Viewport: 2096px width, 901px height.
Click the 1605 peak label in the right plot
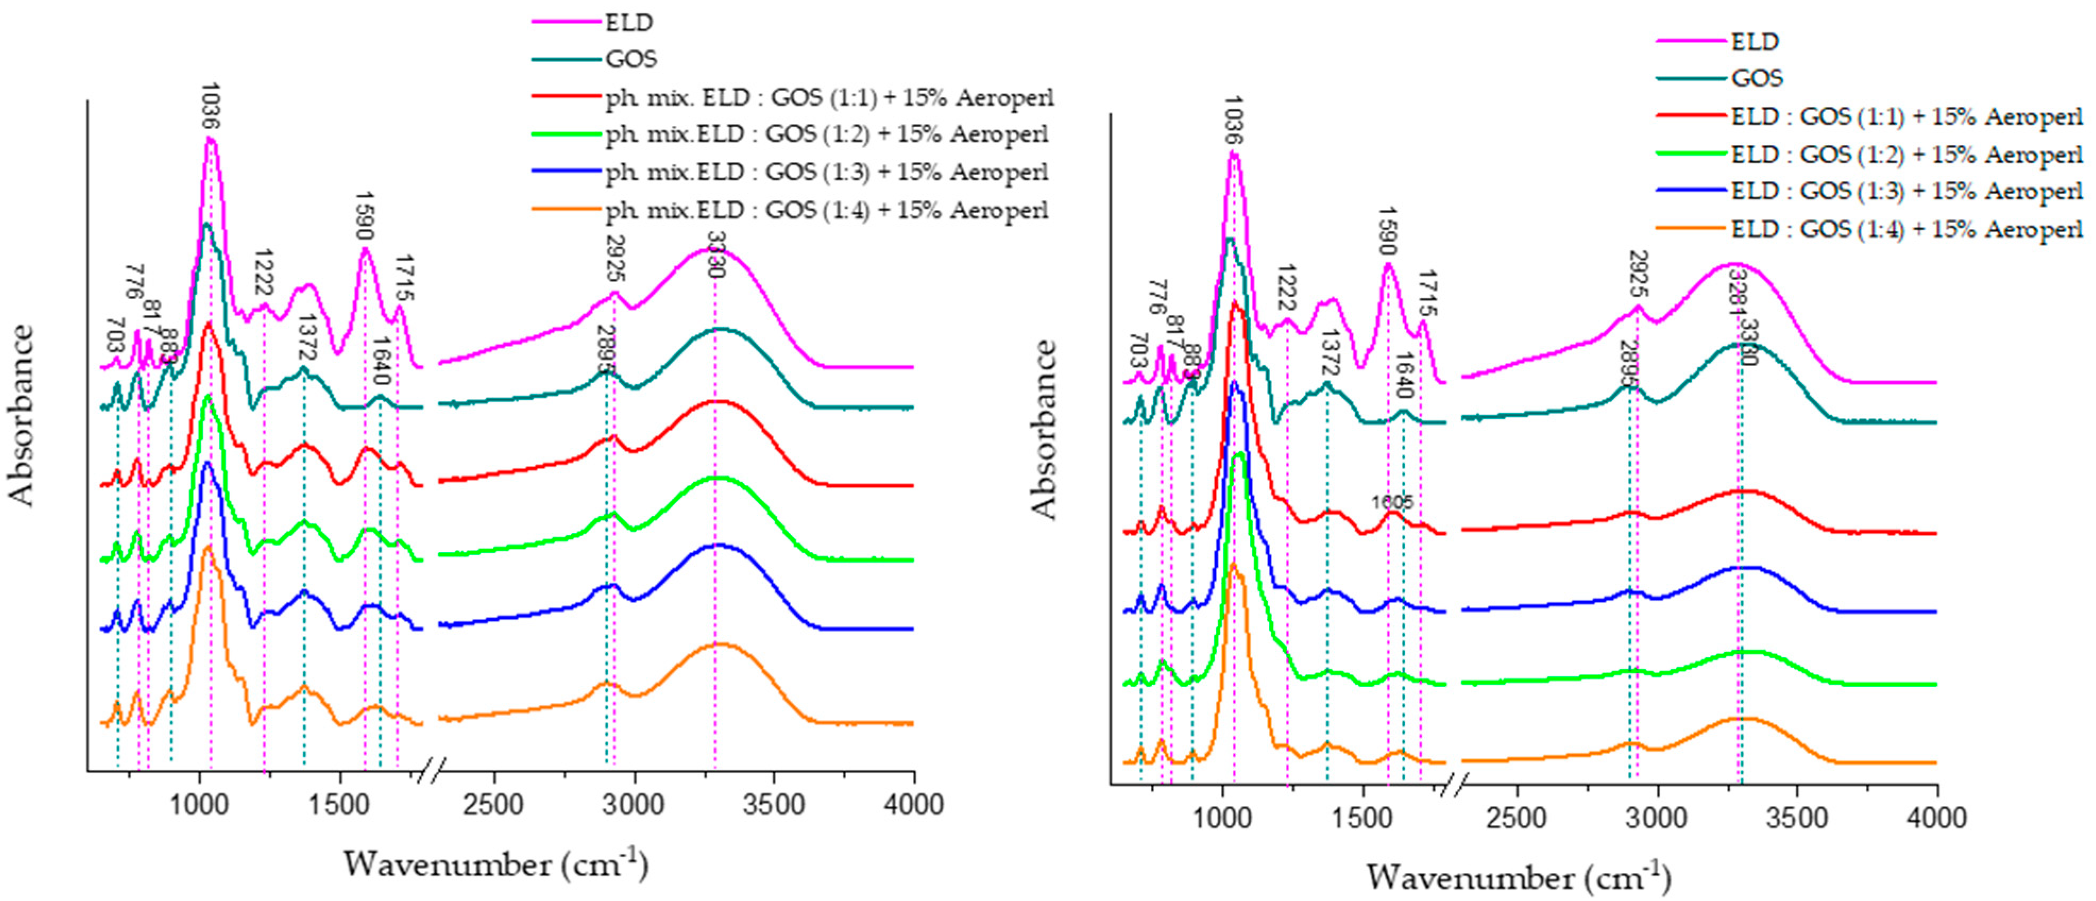click(1392, 502)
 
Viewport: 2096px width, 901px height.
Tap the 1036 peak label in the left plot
click(210, 106)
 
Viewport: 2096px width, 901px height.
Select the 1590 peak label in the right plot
click(1387, 231)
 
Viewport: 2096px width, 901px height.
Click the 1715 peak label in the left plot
click(404, 279)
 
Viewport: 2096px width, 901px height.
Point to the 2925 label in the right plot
click(1638, 274)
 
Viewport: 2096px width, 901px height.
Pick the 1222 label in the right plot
click(1285, 288)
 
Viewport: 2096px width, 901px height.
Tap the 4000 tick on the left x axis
click(914, 805)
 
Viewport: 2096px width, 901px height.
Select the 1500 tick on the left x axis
click(340, 805)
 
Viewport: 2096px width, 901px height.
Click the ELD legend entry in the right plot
click(1754, 41)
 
